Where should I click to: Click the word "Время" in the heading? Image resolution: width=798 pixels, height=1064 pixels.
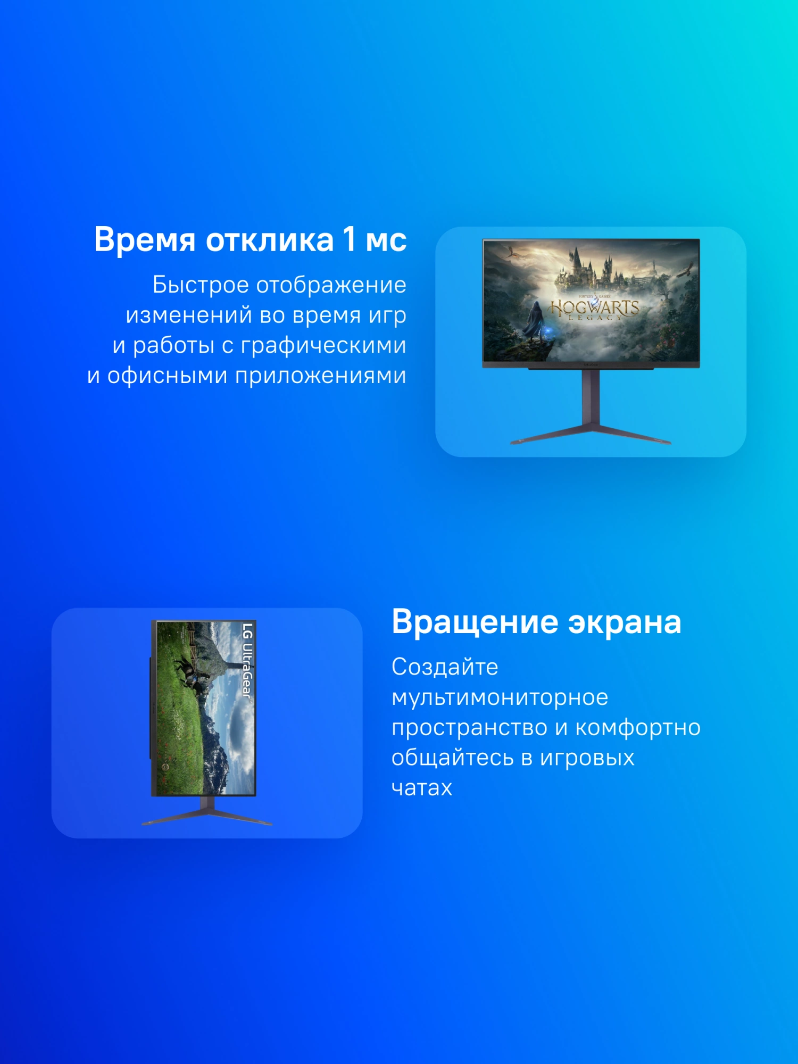point(145,240)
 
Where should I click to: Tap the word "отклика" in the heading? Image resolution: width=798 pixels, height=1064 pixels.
point(270,240)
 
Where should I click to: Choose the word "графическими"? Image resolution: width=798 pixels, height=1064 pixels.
point(323,346)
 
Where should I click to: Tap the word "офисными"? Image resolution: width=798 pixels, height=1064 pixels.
point(167,376)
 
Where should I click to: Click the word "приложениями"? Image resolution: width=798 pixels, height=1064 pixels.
point(321,376)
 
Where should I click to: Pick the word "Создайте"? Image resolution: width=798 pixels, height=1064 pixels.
point(445,667)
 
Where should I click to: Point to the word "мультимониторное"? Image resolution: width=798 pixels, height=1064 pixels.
point(500,697)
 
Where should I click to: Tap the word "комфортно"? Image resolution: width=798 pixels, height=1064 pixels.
point(638,728)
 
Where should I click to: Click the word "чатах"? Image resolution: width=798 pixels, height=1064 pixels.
point(422,788)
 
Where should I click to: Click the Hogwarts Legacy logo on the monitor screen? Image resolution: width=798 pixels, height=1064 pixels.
point(594,309)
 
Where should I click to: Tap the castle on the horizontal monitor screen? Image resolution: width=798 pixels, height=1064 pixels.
point(593,269)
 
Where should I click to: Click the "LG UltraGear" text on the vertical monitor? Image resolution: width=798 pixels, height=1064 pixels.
point(247,660)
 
